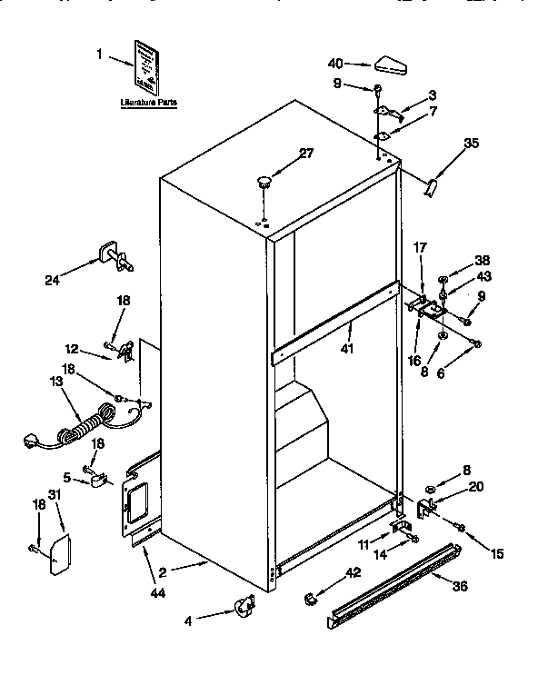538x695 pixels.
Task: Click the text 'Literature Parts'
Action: click(148, 103)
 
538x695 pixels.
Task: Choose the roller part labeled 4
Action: click(243, 606)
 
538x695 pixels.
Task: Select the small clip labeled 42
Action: click(310, 598)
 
